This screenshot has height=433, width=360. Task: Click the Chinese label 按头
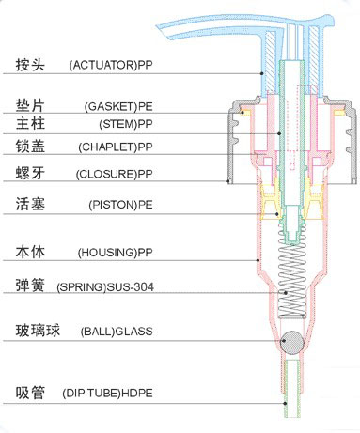pos(32,66)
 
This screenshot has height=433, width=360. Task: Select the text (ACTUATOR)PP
pos(110,66)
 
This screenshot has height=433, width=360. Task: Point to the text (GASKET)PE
pos(117,106)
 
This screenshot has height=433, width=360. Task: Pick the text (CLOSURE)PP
pos(117,175)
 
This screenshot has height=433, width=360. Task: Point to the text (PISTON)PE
pos(119,205)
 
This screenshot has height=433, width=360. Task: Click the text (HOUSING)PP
pos(116,253)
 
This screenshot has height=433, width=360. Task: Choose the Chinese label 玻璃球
pos(38,331)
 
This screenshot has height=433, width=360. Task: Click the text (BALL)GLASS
pos(117,332)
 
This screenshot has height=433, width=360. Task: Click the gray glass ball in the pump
pos(291,340)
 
